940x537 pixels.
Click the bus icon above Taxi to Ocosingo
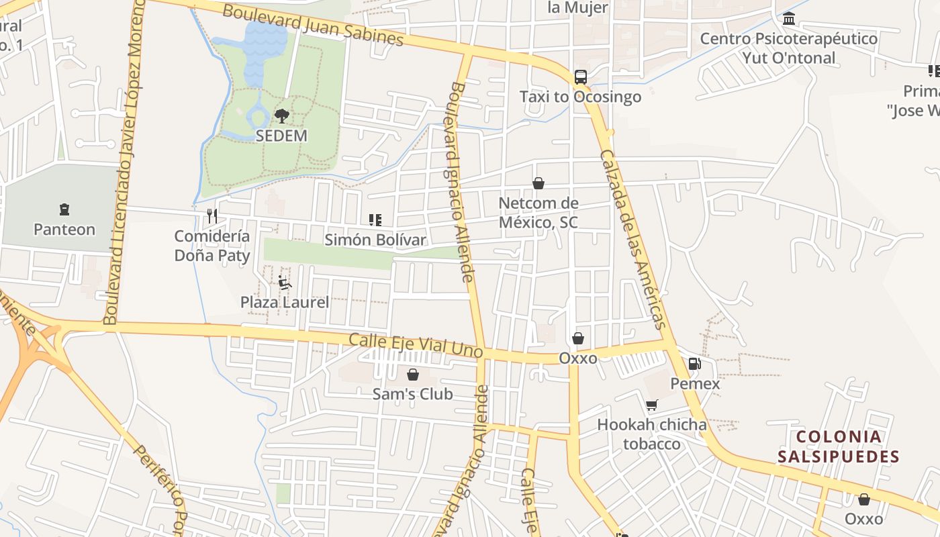[581, 77]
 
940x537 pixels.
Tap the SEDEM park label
[281, 136]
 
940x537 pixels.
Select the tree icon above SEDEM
[281, 116]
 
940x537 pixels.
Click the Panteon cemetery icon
[64, 209]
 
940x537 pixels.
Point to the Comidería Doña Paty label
[212, 246]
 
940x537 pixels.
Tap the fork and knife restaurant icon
[212, 215]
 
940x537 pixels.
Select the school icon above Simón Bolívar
[375, 219]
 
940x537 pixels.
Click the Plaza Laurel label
[285, 302]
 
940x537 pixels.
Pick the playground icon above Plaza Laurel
[285, 282]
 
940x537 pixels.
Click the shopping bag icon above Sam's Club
[413, 374]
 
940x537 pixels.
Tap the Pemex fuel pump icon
[695, 364]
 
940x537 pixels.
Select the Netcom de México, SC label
[538, 212]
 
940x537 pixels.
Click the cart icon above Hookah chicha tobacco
[651, 405]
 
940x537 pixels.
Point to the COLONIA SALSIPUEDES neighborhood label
[838, 447]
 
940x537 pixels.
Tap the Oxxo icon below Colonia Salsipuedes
[864, 499]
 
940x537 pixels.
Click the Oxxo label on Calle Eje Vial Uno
[578, 358]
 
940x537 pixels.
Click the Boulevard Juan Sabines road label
[313, 26]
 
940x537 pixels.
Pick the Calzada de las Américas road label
[632, 238]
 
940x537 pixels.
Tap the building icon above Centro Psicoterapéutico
[789, 18]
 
